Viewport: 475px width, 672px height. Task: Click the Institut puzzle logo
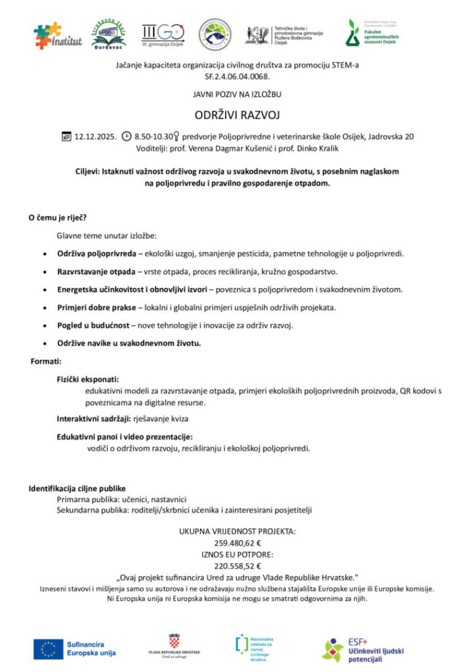tap(58, 35)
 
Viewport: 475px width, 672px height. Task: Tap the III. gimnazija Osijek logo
tap(163, 33)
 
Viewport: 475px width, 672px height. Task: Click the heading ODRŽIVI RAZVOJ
tap(237, 115)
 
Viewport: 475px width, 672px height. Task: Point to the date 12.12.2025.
tap(95, 136)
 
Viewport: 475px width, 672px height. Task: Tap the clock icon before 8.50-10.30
tap(127, 136)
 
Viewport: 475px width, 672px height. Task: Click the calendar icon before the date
tap(66, 136)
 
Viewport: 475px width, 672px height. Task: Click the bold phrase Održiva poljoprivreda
tap(96, 253)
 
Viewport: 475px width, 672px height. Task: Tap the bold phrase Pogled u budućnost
tap(93, 325)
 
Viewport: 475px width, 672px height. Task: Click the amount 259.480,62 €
tap(237, 543)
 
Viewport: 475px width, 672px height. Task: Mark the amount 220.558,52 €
tap(237, 566)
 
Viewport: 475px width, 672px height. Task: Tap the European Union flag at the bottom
tap(48, 648)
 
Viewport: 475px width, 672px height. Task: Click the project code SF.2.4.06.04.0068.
tap(237, 76)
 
